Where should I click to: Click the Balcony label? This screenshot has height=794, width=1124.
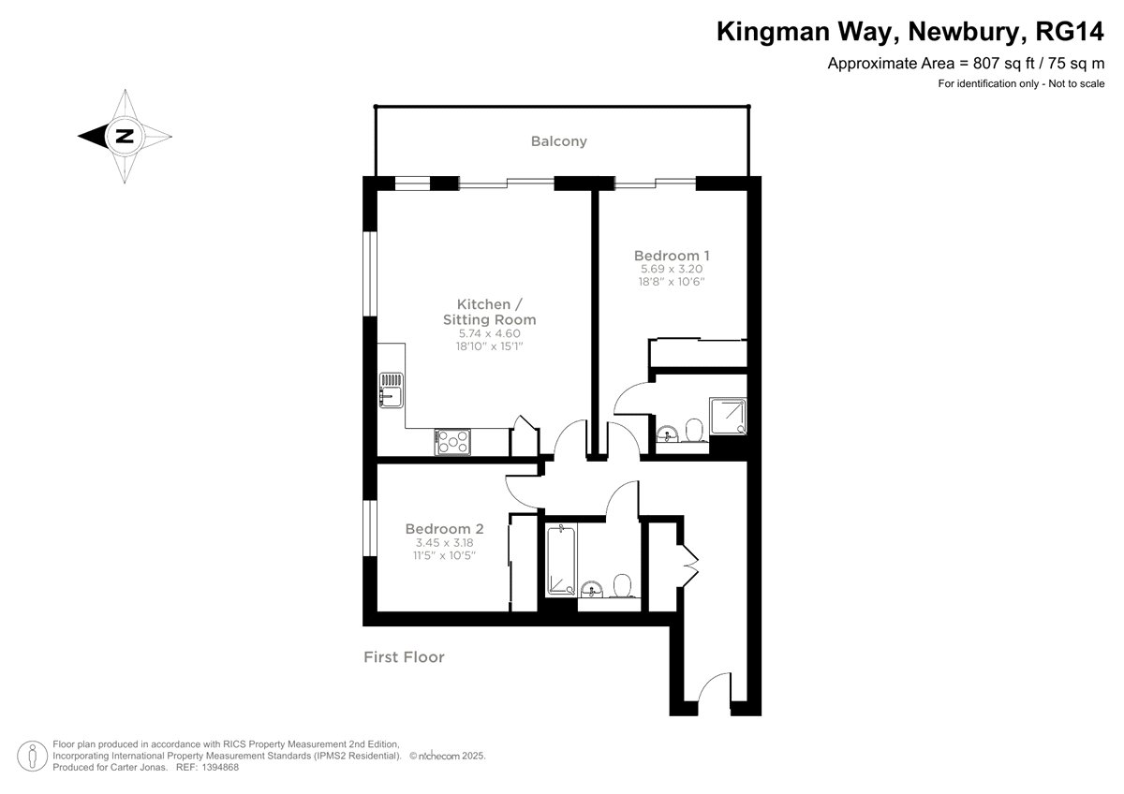(x=558, y=141)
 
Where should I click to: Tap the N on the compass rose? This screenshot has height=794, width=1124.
(x=125, y=136)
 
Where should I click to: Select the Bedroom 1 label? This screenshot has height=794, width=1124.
(x=672, y=256)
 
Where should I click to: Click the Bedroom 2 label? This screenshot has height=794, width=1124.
(x=444, y=529)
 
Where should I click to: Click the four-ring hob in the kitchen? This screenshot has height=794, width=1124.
(x=452, y=442)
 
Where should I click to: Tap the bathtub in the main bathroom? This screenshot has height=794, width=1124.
(x=561, y=560)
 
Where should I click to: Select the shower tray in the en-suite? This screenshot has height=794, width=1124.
(x=728, y=416)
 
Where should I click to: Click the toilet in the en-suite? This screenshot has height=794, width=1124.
(x=694, y=431)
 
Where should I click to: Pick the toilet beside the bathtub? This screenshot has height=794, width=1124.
(x=622, y=586)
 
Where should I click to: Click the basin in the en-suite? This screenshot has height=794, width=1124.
(x=667, y=434)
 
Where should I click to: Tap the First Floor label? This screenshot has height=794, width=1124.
(x=404, y=657)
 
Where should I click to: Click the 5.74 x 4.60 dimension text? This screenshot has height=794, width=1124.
(x=489, y=333)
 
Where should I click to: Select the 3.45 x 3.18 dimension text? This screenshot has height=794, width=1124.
(x=444, y=543)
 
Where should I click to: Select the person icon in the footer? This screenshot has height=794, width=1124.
(x=33, y=757)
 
